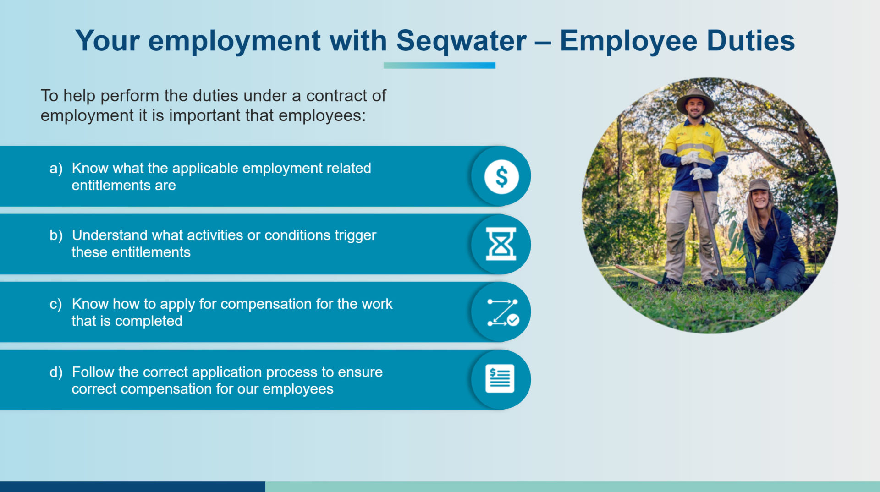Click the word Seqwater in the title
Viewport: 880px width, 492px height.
coord(461,41)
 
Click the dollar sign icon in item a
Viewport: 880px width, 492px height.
coord(501,176)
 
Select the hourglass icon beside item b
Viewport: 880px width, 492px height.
coord(501,244)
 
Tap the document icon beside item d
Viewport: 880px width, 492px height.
coord(500,379)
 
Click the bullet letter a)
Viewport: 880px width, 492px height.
coord(56,168)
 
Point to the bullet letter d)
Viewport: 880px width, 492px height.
coord(56,372)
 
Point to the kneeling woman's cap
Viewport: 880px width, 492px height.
coord(759,185)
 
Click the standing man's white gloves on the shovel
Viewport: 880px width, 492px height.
coord(697,165)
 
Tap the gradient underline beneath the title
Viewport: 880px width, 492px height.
coord(439,66)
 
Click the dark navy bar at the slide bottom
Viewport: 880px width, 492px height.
coord(132,487)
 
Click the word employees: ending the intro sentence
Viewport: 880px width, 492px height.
coord(322,116)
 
